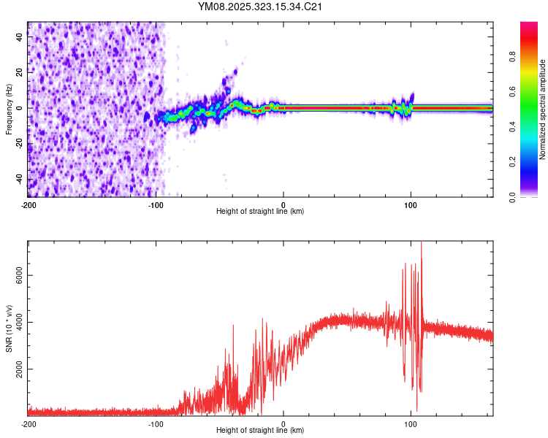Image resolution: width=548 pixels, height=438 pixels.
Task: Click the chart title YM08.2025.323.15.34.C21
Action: tap(261, 7)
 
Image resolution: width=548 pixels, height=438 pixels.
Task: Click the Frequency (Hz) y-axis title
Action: tap(9, 109)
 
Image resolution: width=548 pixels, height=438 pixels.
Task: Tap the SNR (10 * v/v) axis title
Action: tap(9, 328)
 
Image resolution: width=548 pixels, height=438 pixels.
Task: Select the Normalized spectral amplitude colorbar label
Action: tap(542, 109)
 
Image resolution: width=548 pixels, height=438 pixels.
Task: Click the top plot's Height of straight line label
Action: tap(260, 212)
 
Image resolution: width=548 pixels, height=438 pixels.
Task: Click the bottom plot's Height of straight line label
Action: tap(260, 431)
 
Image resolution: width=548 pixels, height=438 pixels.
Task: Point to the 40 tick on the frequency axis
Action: tap(20, 37)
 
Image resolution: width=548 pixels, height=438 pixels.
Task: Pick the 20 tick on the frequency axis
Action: tap(20, 73)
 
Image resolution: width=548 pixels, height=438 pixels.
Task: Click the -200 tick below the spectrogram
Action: tap(28, 205)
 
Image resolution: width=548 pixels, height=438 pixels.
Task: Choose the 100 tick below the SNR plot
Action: tap(411, 424)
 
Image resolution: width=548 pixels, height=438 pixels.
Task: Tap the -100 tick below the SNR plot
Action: tap(156, 424)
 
